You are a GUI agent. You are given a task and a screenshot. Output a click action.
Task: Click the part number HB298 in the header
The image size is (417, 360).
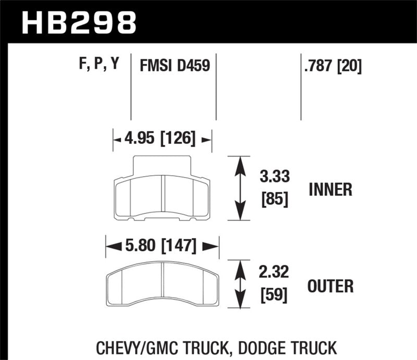coord(78,21)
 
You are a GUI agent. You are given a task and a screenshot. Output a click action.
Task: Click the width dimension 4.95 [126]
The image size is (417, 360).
coord(162,139)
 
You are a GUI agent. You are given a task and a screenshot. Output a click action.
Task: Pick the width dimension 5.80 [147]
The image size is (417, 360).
coord(162,245)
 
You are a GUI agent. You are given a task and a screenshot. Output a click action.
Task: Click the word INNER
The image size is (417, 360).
coord(330,190)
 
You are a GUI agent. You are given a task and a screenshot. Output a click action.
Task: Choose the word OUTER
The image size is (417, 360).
coord(330,285)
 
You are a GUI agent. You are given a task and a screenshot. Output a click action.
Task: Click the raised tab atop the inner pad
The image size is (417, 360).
coord(163,166)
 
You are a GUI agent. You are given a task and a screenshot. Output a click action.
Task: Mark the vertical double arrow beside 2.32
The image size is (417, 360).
coord(240,285)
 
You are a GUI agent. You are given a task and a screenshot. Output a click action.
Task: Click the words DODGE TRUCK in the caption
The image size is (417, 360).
coord(290,346)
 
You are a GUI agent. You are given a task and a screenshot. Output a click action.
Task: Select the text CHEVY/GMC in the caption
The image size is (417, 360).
coord(133,346)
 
